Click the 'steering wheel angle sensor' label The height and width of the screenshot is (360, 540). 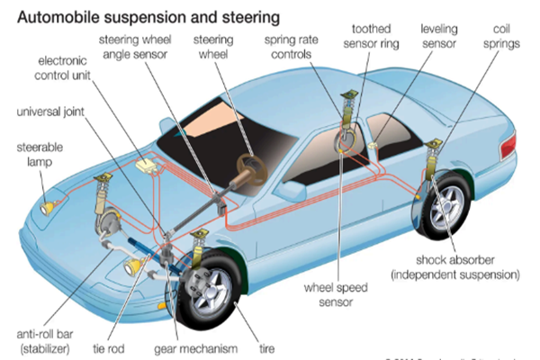point(145,48)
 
